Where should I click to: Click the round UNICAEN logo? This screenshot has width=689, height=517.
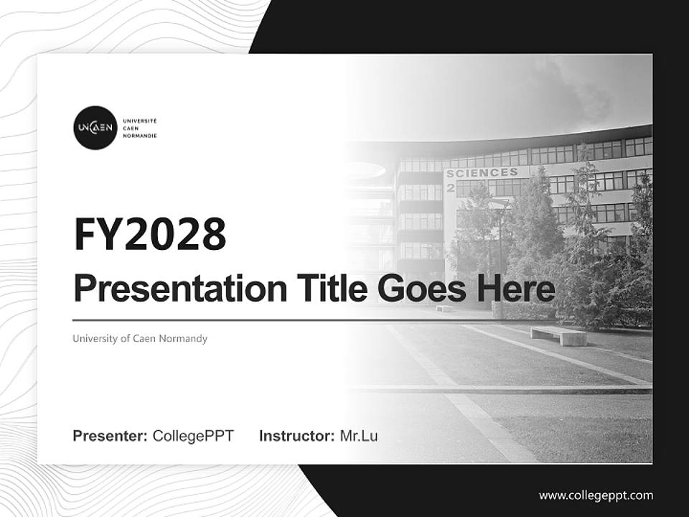pyautogui.click(x=94, y=128)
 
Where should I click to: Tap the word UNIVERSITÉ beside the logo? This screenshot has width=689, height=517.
pyautogui.click(x=140, y=121)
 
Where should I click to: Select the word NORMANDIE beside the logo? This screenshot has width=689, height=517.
pyautogui.click(x=140, y=136)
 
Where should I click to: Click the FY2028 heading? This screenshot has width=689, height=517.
pyautogui.click(x=150, y=233)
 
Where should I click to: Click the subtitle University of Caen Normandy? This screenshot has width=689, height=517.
pyautogui.click(x=140, y=338)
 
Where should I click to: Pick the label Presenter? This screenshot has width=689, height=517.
pyautogui.click(x=111, y=436)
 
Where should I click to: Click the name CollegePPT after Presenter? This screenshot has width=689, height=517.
pyautogui.click(x=193, y=436)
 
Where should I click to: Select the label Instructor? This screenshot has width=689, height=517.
pyautogui.click(x=296, y=436)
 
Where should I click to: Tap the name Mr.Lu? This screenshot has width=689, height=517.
pyautogui.click(x=359, y=436)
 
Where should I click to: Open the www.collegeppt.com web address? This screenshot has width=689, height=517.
pyautogui.click(x=596, y=495)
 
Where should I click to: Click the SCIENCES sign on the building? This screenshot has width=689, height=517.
pyautogui.click(x=482, y=173)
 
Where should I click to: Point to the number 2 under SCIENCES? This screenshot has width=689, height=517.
pyautogui.click(x=451, y=187)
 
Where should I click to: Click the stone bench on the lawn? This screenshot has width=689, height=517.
pyautogui.click(x=558, y=335)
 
